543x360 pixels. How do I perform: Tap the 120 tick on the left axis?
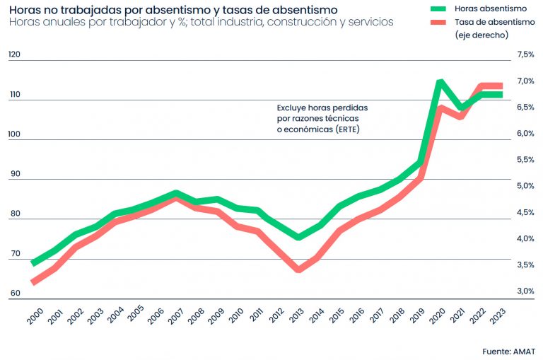tap(15, 54)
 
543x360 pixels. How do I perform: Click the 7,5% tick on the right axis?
tap(525, 54)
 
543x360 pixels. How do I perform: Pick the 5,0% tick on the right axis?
tap(525, 186)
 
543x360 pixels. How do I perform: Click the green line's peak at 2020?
tap(440, 82)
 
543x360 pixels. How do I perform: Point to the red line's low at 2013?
tap(299, 269)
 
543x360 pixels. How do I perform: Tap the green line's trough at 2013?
tap(299, 237)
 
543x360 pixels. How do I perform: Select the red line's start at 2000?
tap(34, 281)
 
